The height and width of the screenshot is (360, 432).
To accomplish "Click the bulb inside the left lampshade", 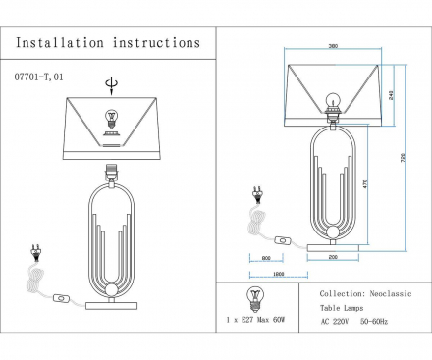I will tap(110, 118).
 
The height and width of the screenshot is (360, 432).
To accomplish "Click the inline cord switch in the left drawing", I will tap(64, 295).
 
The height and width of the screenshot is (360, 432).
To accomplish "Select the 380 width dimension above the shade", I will tap(335, 46).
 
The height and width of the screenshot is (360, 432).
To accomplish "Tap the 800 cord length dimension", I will tap(267, 258).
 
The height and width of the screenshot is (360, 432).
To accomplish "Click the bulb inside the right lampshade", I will tap(333, 99).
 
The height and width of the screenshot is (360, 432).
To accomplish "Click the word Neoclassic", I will tap(391, 293).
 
